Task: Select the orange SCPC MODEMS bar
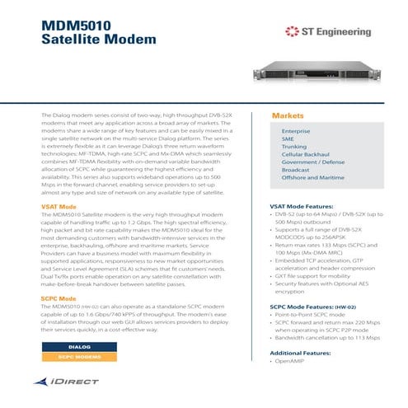click(x=79, y=358)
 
